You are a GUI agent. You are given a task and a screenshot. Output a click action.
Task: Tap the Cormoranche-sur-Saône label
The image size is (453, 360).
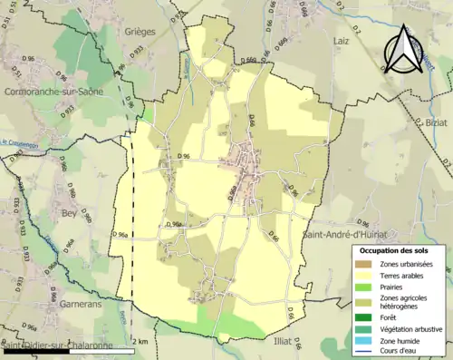tap(53, 92)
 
